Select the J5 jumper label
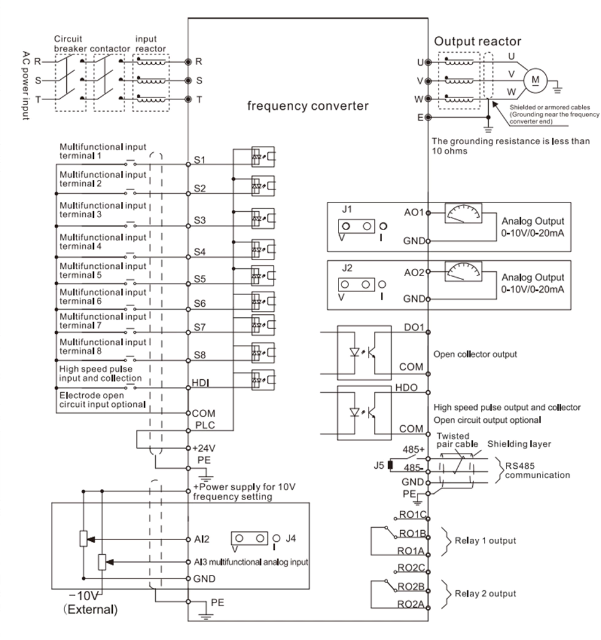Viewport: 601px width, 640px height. (x=379, y=464)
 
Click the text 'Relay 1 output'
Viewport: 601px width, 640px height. (x=484, y=541)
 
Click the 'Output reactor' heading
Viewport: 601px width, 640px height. (x=478, y=42)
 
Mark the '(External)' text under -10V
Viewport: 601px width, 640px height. (x=94, y=611)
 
